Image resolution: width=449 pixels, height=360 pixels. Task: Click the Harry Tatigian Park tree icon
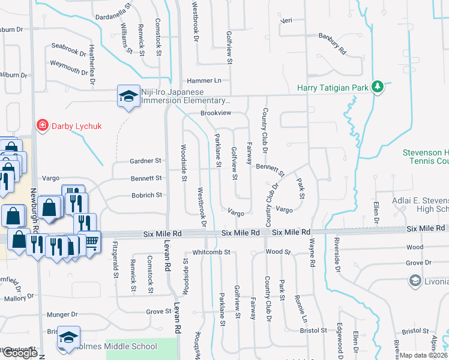tap(378, 88)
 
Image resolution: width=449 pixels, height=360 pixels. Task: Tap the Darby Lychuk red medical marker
tap(42, 125)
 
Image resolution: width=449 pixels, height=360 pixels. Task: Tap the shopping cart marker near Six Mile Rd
tap(91, 242)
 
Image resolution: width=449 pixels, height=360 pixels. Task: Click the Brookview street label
tap(215, 113)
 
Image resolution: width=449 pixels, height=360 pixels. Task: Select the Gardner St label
tap(146, 161)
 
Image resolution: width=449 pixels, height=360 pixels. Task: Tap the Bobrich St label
tap(146, 195)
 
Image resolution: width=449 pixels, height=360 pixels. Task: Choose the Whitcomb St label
tap(211, 253)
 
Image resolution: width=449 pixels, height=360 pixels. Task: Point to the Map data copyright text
tap(423, 355)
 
